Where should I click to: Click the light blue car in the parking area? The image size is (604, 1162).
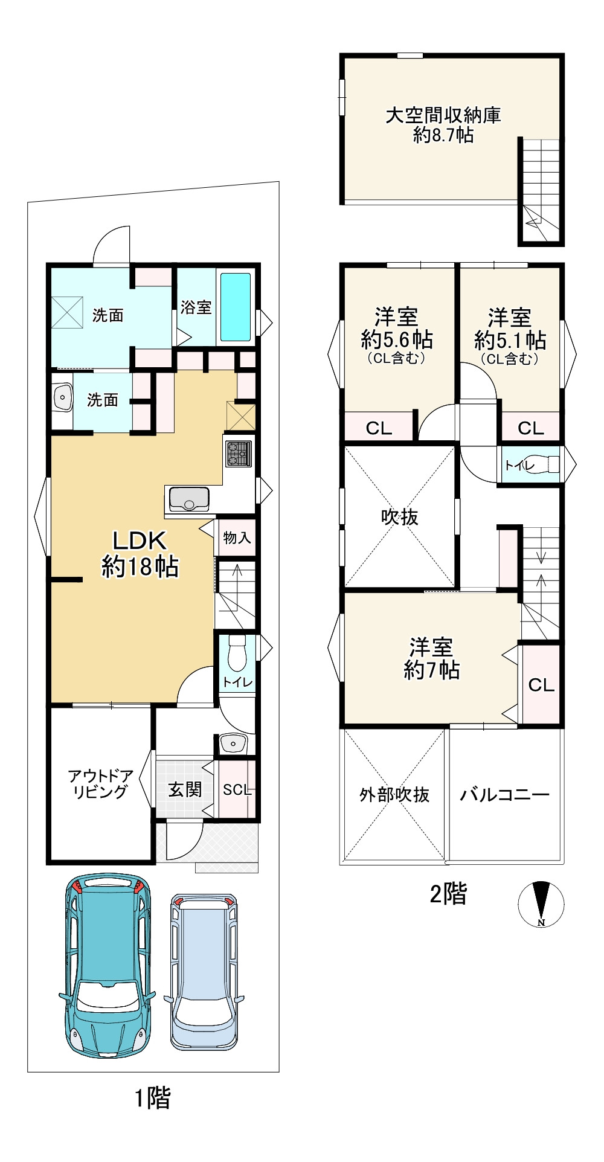205,972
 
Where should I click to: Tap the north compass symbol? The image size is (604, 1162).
541,904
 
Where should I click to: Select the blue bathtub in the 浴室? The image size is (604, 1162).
235,307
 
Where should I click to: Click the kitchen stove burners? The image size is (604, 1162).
239,454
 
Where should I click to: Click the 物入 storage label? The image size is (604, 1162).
237,537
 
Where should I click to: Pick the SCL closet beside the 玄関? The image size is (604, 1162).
237,789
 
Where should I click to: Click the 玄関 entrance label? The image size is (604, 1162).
184,789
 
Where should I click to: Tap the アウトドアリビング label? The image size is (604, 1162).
100,784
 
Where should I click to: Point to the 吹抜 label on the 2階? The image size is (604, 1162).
399,517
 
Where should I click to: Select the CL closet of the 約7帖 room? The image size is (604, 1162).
541,684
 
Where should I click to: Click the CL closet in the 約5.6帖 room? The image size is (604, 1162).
379,428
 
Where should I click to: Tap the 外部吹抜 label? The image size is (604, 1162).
394,794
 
